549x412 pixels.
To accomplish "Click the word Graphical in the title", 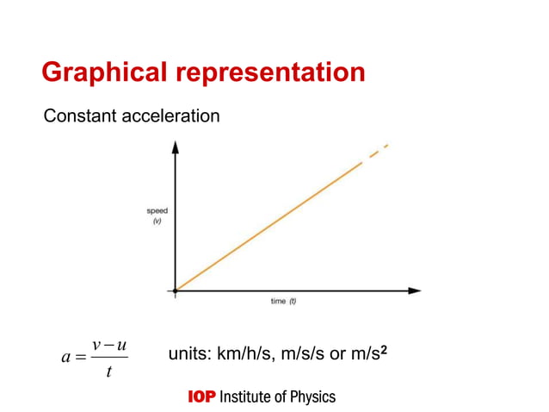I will coord(99,72).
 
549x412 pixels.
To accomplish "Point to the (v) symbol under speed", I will coord(157,221).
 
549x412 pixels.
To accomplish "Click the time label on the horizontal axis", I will coord(278,302).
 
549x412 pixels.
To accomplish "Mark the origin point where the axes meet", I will coord(176,290).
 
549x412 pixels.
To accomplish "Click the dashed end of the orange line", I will coord(378,152).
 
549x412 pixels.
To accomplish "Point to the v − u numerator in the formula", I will coord(109,345).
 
